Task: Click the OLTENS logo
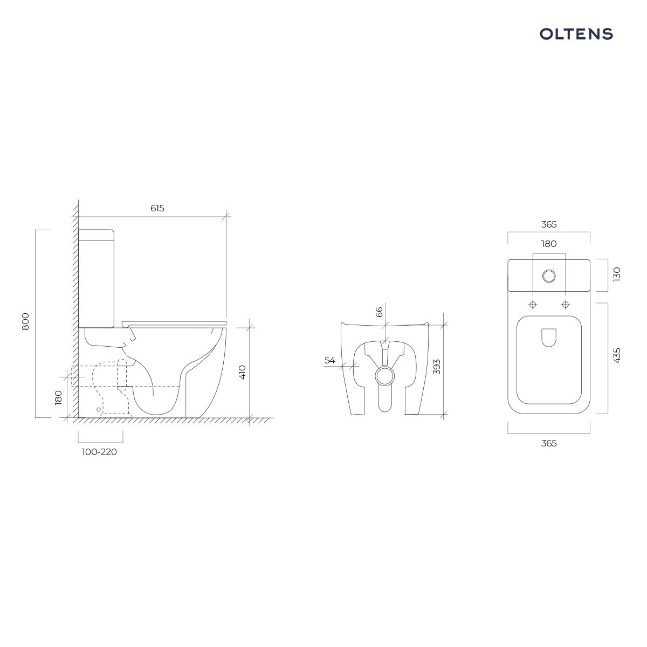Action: pyautogui.click(x=576, y=34)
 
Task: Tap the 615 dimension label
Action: pyautogui.click(x=157, y=209)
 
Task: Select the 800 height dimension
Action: pyautogui.click(x=25, y=321)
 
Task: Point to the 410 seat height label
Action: pyautogui.click(x=242, y=372)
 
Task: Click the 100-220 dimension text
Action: pyautogui.click(x=99, y=452)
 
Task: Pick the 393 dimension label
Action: pyautogui.click(x=437, y=367)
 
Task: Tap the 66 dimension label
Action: pyautogui.click(x=378, y=312)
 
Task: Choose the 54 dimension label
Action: pyautogui.click(x=330, y=360)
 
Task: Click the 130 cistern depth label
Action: pyautogui.click(x=617, y=274)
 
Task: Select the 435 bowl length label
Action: pyautogui.click(x=617, y=355)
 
